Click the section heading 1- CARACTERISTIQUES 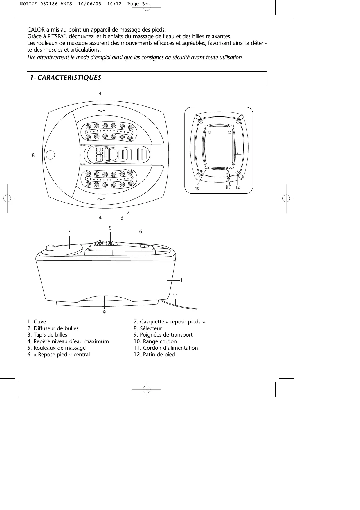coord(66,78)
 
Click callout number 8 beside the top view coord(33,155)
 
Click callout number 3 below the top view coord(122,218)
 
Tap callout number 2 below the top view coord(128,213)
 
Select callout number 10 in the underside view coord(197,189)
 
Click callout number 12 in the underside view coord(237,187)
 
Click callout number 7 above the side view coord(69,232)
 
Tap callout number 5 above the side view coord(110,228)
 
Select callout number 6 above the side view coord(141,232)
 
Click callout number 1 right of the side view coord(181,280)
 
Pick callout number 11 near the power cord coord(175,296)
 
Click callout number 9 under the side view coord(104,312)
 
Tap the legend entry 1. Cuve coord(37,322)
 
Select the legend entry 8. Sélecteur coord(147,328)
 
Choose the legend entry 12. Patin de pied coord(154,355)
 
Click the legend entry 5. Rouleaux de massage coord(56,348)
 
